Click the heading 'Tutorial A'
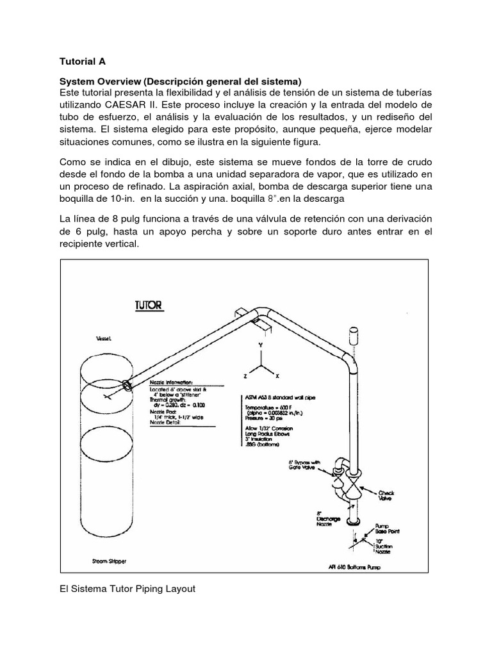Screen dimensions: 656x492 tap(83, 62)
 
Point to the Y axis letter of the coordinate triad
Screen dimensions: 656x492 tap(260, 345)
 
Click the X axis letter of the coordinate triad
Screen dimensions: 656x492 tap(277, 375)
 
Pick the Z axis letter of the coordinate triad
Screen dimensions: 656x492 tap(244, 375)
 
